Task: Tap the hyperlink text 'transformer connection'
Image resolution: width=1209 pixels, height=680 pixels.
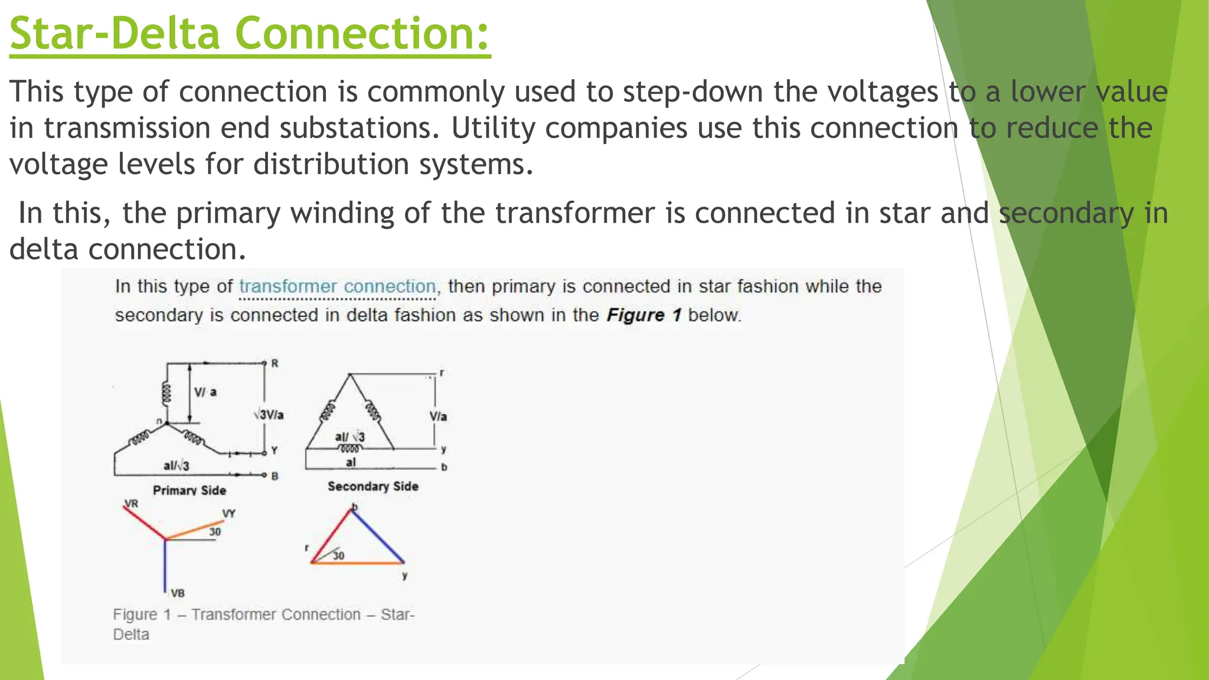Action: click(x=337, y=287)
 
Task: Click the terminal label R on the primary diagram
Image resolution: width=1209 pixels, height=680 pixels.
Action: click(x=275, y=364)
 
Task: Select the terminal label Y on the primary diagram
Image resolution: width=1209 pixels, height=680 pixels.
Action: click(x=275, y=451)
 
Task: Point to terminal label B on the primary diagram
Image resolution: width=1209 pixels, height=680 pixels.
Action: click(x=275, y=476)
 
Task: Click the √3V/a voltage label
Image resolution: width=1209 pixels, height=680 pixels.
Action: click(x=269, y=415)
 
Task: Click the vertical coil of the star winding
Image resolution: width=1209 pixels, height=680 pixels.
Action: click(x=167, y=393)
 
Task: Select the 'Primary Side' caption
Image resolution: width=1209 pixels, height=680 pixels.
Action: click(x=189, y=491)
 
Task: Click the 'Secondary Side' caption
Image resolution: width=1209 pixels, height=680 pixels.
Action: click(x=373, y=486)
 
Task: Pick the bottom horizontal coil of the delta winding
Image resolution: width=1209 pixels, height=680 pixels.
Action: click(x=349, y=449)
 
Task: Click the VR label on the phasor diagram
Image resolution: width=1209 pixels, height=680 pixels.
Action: click(x=131, y=504)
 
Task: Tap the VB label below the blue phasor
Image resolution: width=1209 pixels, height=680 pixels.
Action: click(x=177, y=593)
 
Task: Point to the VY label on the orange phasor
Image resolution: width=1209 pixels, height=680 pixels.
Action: click(x=228, y=514)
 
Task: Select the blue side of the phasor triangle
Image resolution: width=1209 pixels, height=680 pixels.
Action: click(x=378, y=536)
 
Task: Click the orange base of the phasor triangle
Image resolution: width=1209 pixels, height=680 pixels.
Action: click(x=358, y=563)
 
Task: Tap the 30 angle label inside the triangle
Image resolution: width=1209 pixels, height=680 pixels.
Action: click(x=338, y=555)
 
